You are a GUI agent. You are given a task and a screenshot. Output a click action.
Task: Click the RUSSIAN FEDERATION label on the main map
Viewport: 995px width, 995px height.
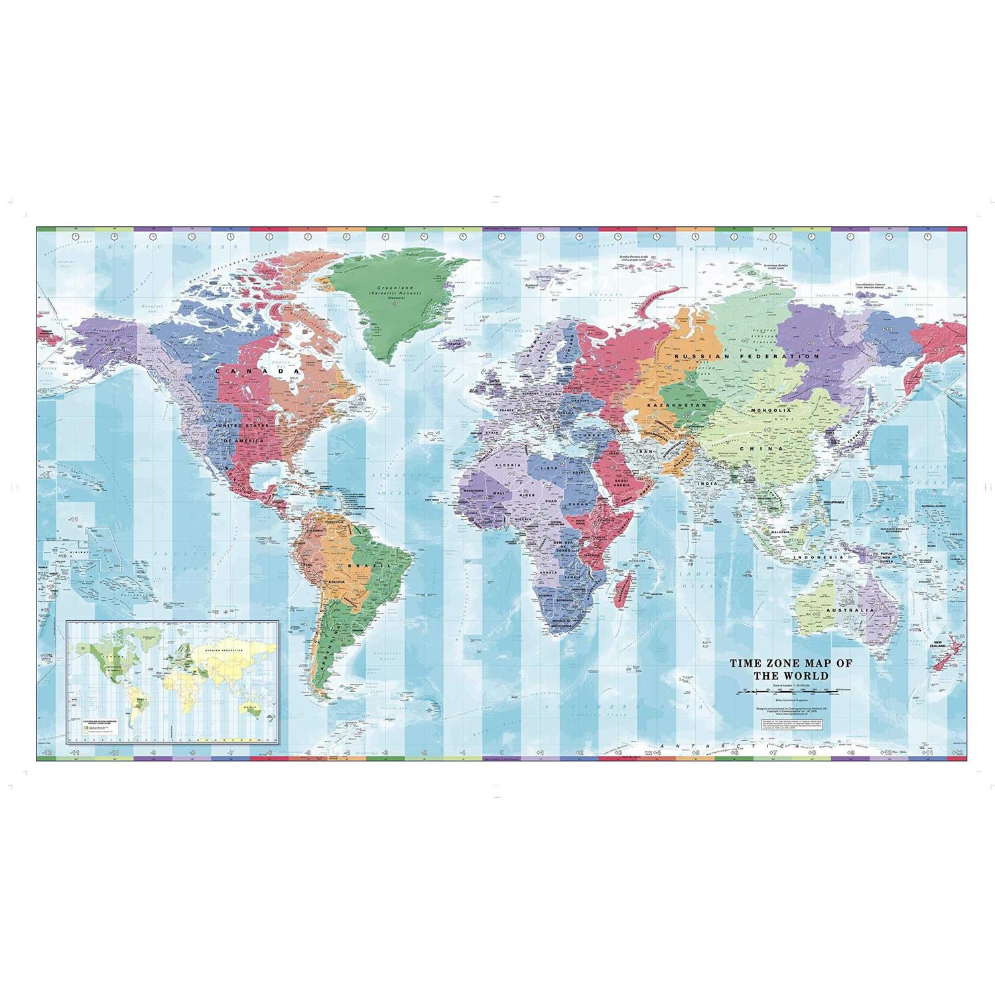click(746, 356)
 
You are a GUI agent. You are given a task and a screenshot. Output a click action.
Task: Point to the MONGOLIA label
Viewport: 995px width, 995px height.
click(769, 411)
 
